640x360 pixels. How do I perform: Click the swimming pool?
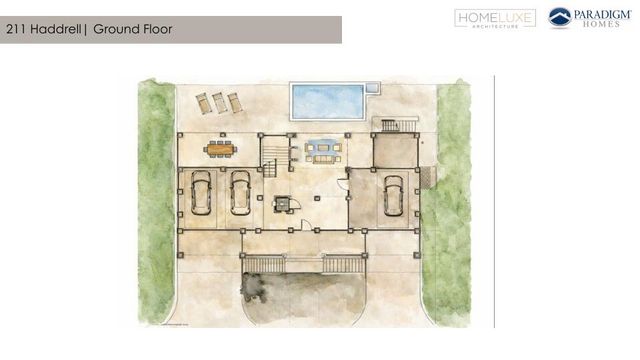327,100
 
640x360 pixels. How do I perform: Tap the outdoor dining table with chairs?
219,149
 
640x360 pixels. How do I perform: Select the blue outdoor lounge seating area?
323,151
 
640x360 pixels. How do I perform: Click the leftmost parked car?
202,192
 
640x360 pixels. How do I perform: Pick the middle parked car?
240,192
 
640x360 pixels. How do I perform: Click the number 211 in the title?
17,30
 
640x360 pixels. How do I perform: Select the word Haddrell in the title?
58,30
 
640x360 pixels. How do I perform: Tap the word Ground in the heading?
118,30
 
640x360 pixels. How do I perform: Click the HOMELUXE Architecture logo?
495,18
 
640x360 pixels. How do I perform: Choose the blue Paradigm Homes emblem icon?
560,18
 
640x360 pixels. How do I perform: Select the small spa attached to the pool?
373,88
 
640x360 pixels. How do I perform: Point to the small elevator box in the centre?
283,203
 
